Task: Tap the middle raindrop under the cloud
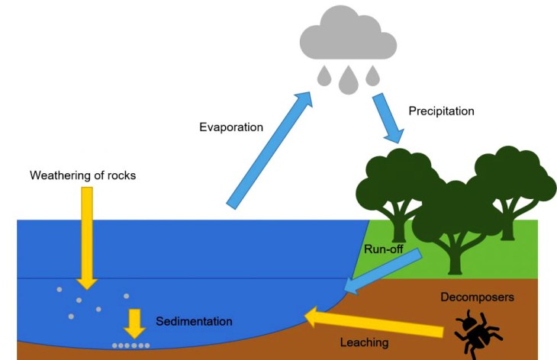[349, 79]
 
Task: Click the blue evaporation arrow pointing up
[269, 148]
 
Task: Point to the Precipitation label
[441, 111]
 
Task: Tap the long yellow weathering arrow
[88, 236]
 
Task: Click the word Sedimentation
[194, 321]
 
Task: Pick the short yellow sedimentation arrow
[135, 323]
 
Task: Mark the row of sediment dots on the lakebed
[130, 346]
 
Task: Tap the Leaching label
[364, 342]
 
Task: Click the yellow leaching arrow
[374, 323]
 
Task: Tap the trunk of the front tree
[456, 256]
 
